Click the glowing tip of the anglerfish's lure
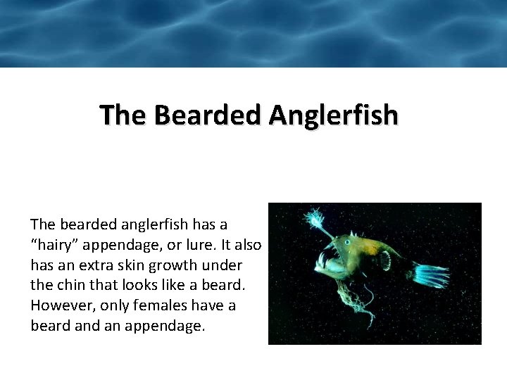point(312,219)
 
